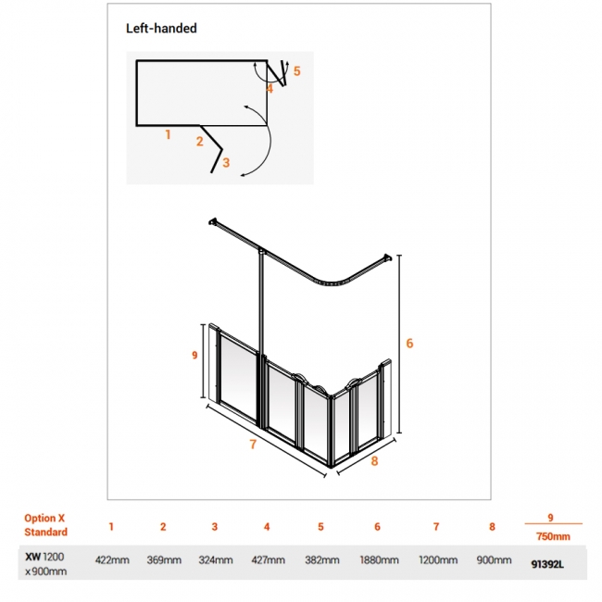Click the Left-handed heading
161,29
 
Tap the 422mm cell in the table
112,560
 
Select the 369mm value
164,560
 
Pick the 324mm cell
216,560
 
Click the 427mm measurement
268,560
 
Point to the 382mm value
322,560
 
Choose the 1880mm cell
379,560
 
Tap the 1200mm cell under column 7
438,560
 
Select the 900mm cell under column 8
494,560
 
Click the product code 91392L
547,564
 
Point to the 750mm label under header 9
553,536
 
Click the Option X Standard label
45,525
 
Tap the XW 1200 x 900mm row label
45,564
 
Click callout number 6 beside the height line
409,344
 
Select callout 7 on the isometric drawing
253,445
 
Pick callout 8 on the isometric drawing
374,461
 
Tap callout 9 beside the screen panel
194,355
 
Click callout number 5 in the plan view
296,71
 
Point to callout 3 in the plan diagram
226,163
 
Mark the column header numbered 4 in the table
267,527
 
